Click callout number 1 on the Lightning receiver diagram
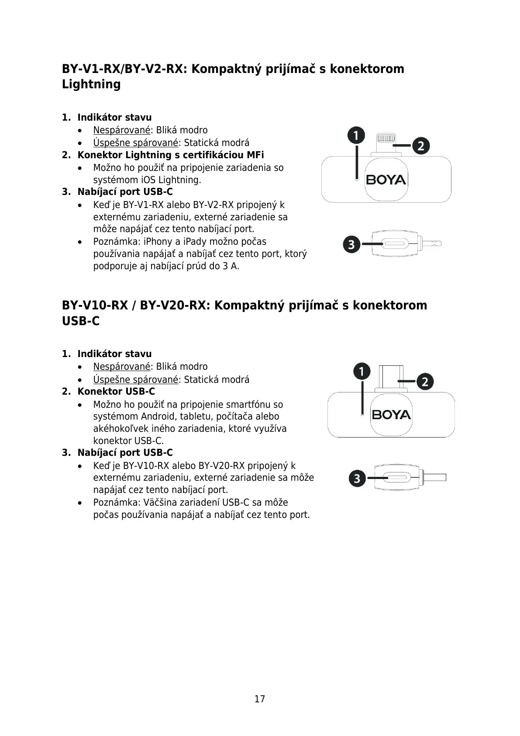[356, 136]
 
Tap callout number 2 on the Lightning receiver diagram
[420, 146]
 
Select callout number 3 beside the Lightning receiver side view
[352, 244]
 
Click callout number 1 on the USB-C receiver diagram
[362, 371]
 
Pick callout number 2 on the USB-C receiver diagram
[425, 382]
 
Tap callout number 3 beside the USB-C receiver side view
[357, 479]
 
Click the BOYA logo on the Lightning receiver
[386, 180]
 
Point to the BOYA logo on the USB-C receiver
[391, 414]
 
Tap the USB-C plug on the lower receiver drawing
[391, 377]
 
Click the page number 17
[260, 699]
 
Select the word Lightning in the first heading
[91, 84]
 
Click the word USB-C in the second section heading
[81, 321]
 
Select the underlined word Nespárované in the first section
[121, 130]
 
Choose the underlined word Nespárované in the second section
[121, 367]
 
